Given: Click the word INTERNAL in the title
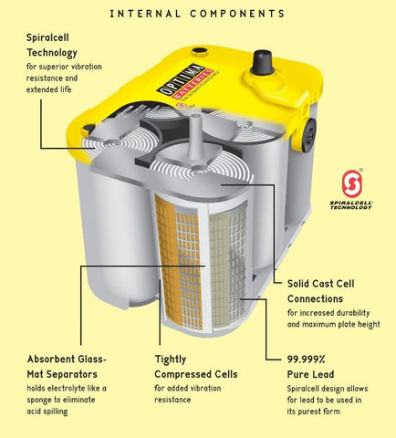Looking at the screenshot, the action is click(145, 14).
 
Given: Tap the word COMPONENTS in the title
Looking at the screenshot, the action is click(237, 14).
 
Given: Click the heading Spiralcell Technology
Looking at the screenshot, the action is click(52, 46).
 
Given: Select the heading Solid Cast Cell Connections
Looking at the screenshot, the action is click(320, 291).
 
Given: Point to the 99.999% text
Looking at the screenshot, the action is click(306, 360).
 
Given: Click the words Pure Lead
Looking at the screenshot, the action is click(310, 374).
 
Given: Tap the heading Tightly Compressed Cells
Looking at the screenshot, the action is click(196, 367).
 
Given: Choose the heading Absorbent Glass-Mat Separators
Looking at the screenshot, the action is click(67, 367).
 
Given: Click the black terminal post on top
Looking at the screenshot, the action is click(263, 62).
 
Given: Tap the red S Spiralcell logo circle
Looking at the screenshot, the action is click(352, 183).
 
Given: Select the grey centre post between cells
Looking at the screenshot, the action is click(195, 135).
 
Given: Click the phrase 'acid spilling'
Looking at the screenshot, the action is click(47, 412).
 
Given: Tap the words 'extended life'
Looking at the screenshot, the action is click(48, 89).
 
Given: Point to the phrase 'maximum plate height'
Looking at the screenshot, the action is click(341, 325).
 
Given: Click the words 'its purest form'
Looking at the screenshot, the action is click(313, 412).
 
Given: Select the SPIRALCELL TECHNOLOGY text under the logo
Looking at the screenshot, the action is click(351, 205).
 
